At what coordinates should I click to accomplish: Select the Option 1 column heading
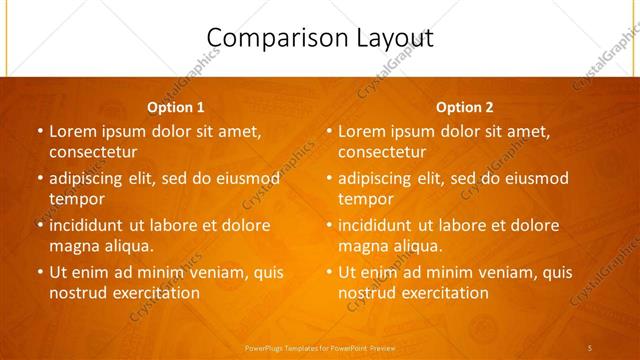pos(176,107)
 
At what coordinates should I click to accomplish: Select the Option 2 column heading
pos(465,107)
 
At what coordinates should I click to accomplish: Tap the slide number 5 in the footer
pos(590,347)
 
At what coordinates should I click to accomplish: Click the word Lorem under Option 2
pos(362,131)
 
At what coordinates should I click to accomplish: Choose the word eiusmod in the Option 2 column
pos(533,178)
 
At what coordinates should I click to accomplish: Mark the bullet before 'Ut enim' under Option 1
pos(39,272)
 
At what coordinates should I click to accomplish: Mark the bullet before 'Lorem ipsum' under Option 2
pos(328,131)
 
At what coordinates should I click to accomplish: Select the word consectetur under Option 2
pos(382,152)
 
